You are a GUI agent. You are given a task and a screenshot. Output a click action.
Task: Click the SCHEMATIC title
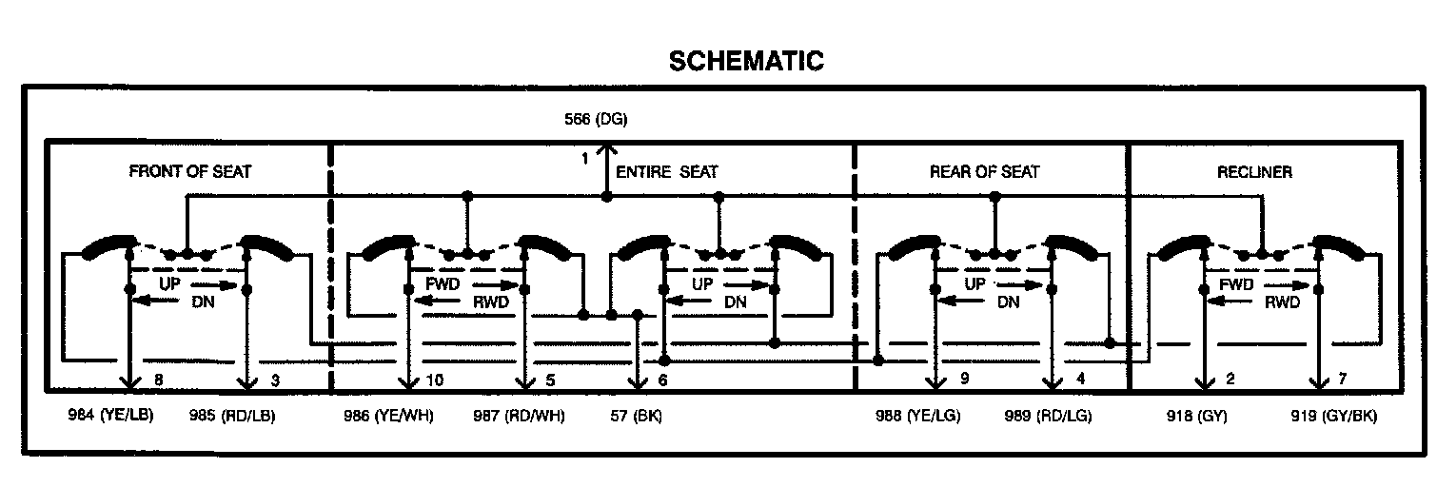click(746, 61)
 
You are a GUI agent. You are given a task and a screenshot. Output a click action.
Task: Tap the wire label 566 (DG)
click(596, 119)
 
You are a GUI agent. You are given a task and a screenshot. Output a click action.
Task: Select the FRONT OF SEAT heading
click(190, 172)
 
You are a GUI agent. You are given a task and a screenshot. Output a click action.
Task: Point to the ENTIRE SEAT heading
click(667, 172)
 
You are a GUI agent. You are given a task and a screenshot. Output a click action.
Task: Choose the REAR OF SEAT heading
click(984, 172)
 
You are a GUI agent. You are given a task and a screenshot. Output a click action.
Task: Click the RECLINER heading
click(1254, 172)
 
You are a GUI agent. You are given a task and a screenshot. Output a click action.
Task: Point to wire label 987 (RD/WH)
click(519, 416)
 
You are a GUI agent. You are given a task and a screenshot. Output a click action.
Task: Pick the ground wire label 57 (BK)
click(636, 416)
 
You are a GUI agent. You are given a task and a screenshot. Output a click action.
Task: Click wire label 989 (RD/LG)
click(1049, 416)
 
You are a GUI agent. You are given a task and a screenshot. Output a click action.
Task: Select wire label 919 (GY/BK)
click(1332, 416)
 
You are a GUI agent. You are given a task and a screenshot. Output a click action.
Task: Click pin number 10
click(435, 380)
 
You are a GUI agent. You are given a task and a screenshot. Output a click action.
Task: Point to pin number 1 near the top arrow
click(585, 159)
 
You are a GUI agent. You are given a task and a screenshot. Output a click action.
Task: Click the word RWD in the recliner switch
click(1282, 304)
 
